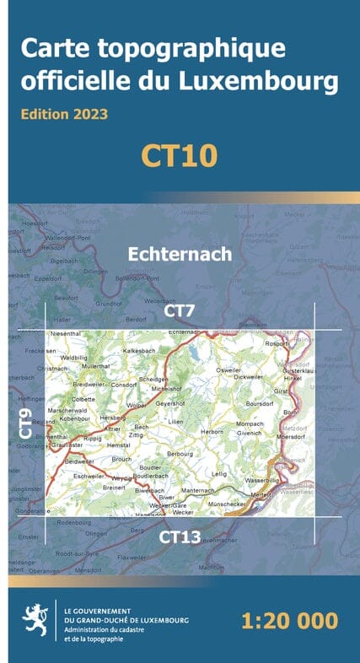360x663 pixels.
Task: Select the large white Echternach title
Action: (180, 252)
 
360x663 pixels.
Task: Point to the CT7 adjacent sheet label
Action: (180, 312)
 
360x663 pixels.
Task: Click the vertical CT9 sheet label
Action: (26, 422)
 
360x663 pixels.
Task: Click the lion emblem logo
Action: (35, 623)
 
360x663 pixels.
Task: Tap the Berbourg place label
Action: (180, 454)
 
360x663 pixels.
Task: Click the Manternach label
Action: (200, 489)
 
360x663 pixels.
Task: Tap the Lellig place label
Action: (220, 474)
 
